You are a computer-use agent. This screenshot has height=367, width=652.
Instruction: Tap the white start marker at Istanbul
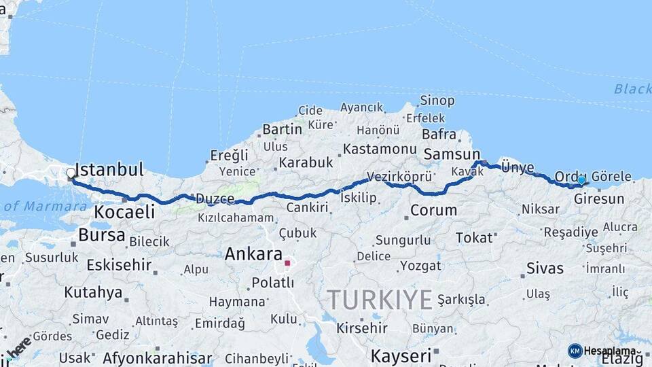[71, 173]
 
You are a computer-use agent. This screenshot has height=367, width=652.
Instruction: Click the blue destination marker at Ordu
[581, 180]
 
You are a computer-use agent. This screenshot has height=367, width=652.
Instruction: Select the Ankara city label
[253, 254]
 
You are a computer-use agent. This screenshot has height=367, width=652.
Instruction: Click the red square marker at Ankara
[287, 262]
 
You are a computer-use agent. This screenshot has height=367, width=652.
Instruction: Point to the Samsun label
[452, 154]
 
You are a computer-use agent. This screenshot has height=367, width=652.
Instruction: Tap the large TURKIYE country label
[380, 299]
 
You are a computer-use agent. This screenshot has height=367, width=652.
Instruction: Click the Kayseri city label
[401, 355]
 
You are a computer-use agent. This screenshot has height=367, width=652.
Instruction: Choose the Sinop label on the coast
[437, 101]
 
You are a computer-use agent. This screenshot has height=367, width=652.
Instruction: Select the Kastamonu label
[379, 148]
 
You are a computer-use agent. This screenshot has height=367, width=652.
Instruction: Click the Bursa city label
[102, 235]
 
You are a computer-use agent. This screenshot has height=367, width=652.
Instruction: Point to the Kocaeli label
[124, 211]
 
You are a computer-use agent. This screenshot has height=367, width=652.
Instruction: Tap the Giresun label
[598, 199]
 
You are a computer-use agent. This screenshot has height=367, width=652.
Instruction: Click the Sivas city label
[547, 268]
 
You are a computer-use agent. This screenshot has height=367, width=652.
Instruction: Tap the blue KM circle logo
[575, 351]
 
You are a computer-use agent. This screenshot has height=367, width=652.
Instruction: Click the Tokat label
[474, 237]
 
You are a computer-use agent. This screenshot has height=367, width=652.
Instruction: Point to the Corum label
[433, 210]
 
